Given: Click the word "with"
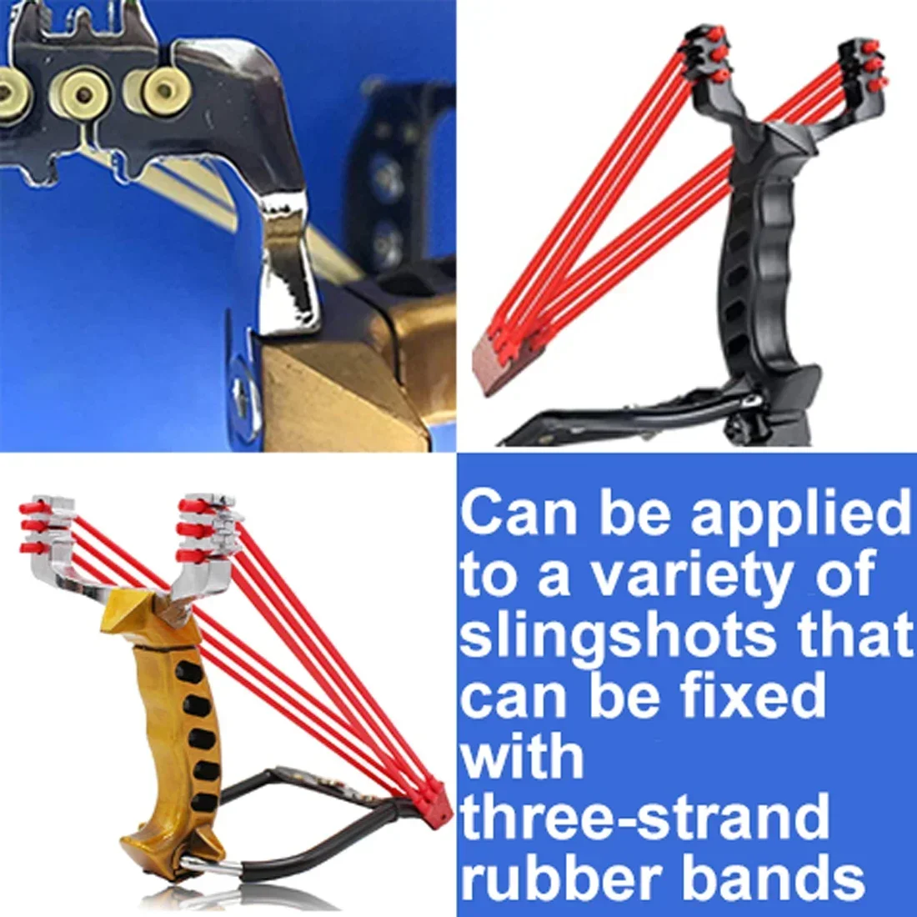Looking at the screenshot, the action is (522, 756).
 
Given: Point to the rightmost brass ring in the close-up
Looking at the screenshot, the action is (158, 90).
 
